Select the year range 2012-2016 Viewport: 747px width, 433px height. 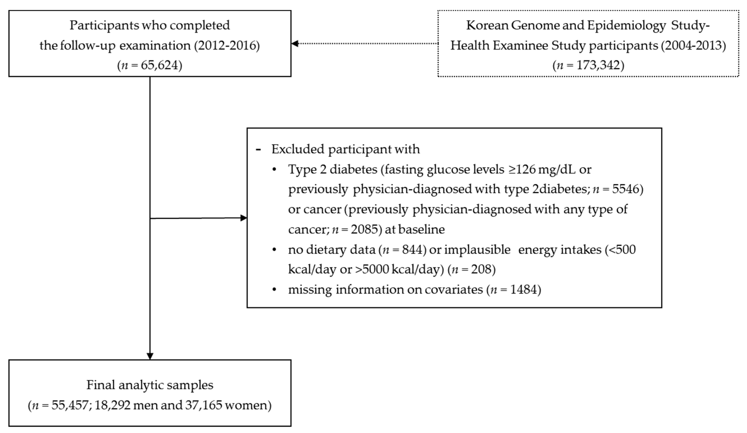227,45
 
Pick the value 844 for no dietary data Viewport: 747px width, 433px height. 412,250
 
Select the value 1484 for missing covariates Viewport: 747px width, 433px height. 524,289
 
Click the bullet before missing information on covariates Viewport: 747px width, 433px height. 274,289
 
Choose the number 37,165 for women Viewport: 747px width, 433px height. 204,405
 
